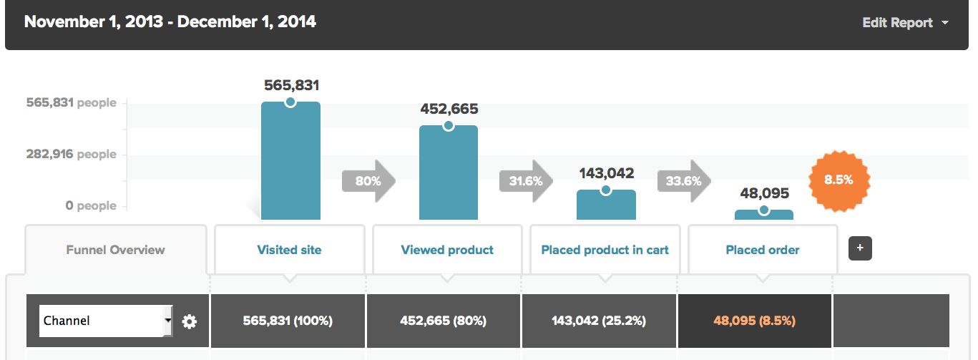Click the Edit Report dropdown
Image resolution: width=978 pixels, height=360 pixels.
[x=905, y=23]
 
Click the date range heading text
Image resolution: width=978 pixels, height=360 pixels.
[x=170, y=22]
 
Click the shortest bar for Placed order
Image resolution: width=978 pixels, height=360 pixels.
[x=763, y=214]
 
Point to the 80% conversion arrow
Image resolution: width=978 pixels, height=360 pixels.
[x=368, y=181]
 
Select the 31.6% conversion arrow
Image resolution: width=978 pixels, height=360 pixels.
[x=526, y=181]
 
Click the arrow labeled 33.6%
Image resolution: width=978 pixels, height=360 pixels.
[x=684, y=181]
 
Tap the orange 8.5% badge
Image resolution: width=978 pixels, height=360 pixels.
[x=838, y=180]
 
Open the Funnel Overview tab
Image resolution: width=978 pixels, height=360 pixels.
[x=115, y=250]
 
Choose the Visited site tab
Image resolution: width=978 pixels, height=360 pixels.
[x=289, y=250]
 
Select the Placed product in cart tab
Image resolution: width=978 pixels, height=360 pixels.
[x=605, y=250]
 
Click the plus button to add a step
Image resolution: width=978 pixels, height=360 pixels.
[x=860, y=248]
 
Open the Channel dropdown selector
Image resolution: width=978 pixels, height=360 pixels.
[x=105, y=321]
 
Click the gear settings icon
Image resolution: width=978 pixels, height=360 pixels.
[x=190, y=321]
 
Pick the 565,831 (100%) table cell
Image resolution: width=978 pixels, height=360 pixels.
[x=288, y=321]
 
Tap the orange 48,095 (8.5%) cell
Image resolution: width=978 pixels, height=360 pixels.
[x=754, y=321]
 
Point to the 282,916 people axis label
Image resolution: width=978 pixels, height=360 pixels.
[x=71, y=154]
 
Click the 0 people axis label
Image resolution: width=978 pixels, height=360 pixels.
[x=90, y=205]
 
